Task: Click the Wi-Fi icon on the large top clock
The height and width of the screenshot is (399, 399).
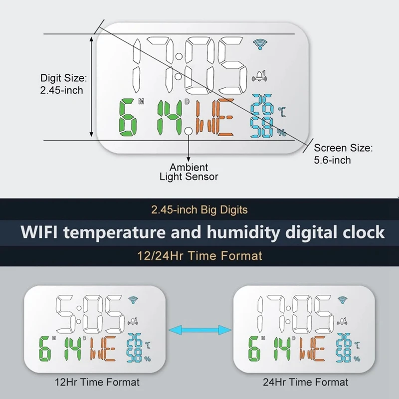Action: [x=260, y=45]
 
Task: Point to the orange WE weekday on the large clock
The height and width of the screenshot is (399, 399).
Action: [x=215, y=118]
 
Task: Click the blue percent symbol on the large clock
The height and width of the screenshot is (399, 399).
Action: [x=282, y=132]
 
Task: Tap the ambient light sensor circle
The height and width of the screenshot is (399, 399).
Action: [x=189, y=132]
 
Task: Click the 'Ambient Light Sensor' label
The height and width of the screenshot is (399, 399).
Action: [x=189, y=172]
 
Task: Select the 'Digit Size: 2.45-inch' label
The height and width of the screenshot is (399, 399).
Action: [x=63, y=84]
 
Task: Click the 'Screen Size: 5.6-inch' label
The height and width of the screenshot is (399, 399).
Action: [x=343, y=154]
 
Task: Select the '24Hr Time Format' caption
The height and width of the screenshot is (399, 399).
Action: [x=306, y=383]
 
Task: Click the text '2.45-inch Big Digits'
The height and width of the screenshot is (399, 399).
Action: [x=199, y=210]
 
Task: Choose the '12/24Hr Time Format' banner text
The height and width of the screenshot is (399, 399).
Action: [x=199, y=256]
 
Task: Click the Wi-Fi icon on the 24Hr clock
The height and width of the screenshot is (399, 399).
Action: [x=342, y=300]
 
